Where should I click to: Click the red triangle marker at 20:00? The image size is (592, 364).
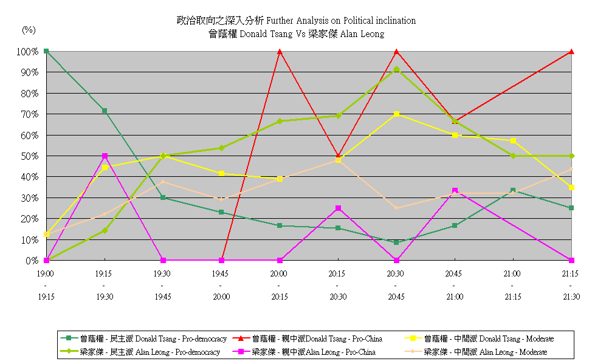point(280,52)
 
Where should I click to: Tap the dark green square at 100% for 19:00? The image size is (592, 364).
point(46,51)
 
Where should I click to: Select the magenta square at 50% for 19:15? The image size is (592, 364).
point(105,156)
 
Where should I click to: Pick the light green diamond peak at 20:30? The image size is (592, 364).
point(396,69)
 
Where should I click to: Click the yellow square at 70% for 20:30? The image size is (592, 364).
point(396,114)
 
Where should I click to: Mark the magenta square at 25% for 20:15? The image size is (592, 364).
point(338,208)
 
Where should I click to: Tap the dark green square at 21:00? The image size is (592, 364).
point(513,190)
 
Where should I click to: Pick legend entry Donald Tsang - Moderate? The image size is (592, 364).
point(490,338)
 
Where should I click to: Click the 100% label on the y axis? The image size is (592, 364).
point(28,52)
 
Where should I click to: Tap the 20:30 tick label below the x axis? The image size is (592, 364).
point(396,274)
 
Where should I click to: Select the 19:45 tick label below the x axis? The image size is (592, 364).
point(221,274)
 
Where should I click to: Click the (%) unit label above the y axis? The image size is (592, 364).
point(29,29)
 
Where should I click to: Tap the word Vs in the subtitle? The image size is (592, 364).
point(300,34)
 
